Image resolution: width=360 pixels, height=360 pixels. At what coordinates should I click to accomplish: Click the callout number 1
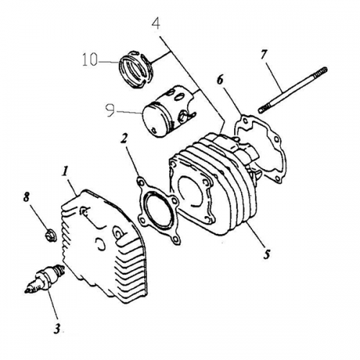click(66, 172)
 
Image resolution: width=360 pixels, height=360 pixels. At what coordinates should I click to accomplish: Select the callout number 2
click(125, 137)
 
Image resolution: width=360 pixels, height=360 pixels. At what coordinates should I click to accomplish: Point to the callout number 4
click(155, 24)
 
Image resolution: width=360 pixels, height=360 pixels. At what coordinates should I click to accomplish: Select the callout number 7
click(264, 54)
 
